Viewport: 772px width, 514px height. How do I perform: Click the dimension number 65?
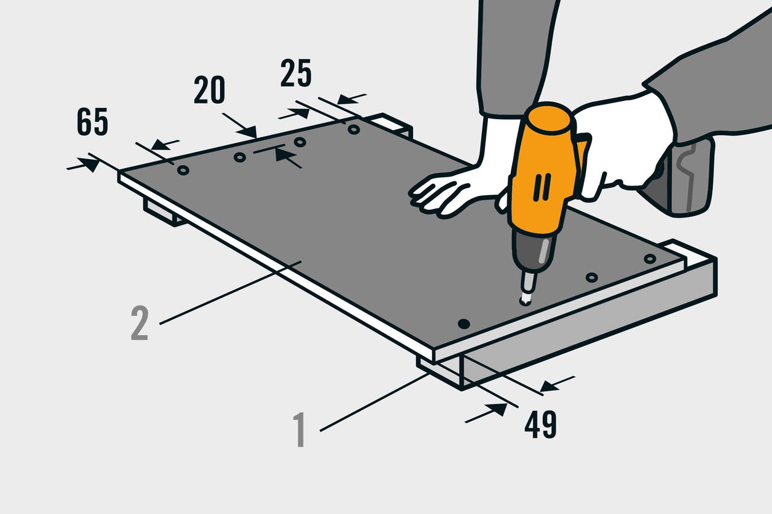[92, 122]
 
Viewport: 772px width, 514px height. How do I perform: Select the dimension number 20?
[209, 90]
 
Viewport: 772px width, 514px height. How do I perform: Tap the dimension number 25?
[296, 73]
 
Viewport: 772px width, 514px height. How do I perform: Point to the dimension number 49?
[540, 424]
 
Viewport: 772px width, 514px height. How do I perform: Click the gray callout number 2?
[139, 323]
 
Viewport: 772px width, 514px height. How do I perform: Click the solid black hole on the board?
[464, 324]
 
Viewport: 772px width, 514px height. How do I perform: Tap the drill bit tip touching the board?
[525, 301]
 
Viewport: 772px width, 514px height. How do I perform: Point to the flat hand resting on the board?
[458, 193]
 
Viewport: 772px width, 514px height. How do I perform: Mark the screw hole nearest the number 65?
[183, 170]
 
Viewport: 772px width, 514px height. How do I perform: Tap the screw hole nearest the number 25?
[353, 130]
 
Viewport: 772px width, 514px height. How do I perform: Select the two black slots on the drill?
[542, 187]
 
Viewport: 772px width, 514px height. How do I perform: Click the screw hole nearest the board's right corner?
[650, 259]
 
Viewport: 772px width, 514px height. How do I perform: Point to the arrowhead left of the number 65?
[89, 165]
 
